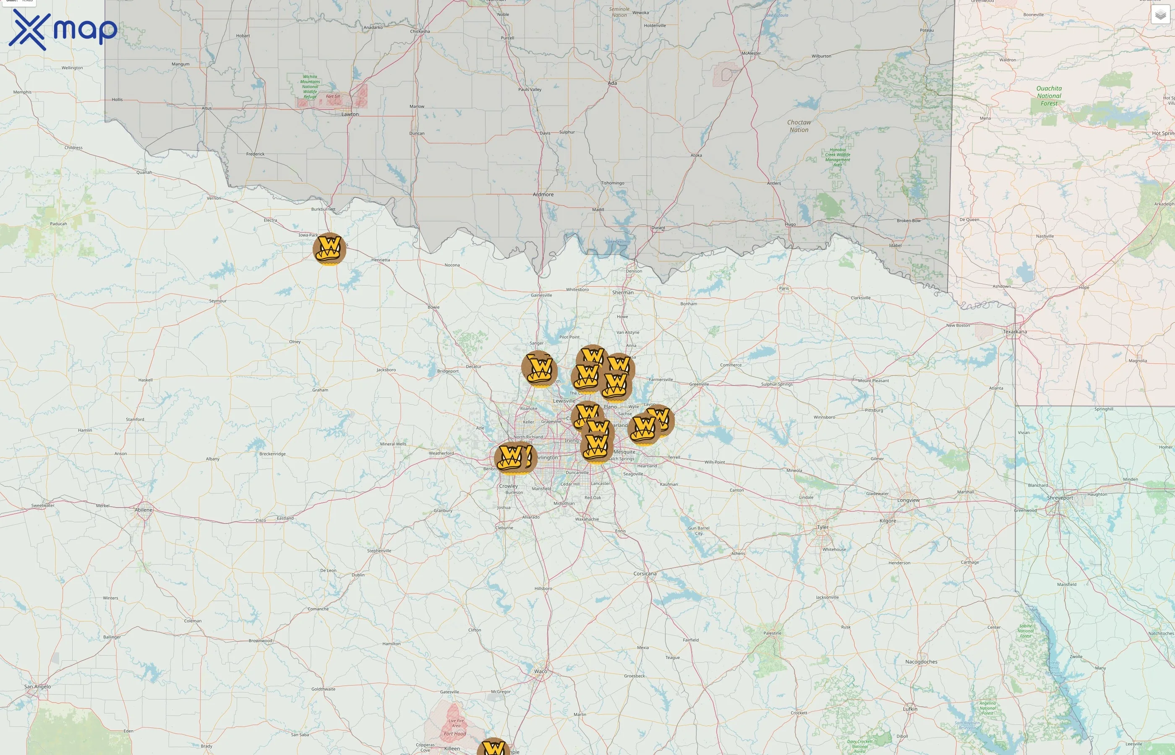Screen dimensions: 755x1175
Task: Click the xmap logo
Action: point(63,30)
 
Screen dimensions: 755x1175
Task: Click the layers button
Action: point(1160,15)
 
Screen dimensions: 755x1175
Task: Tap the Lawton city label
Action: point(350,114)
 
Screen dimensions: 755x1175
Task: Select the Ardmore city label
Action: point(543,195)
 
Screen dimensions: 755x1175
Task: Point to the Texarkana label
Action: point(1015,332)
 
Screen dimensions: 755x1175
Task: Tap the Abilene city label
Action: point(144,510)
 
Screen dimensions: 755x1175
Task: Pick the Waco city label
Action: point(540,671)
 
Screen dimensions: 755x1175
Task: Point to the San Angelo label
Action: point(38,686)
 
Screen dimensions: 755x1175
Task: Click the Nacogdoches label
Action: point(921,662)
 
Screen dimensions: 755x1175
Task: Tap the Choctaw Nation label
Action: point(799,126)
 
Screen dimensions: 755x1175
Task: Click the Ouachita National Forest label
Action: point(1049,96)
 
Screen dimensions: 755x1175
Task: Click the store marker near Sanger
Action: point(539,368)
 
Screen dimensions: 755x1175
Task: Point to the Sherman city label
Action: point(623,293)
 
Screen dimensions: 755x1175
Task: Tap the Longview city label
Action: point(908,500)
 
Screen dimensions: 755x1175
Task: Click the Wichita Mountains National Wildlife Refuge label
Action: point(310,87)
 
